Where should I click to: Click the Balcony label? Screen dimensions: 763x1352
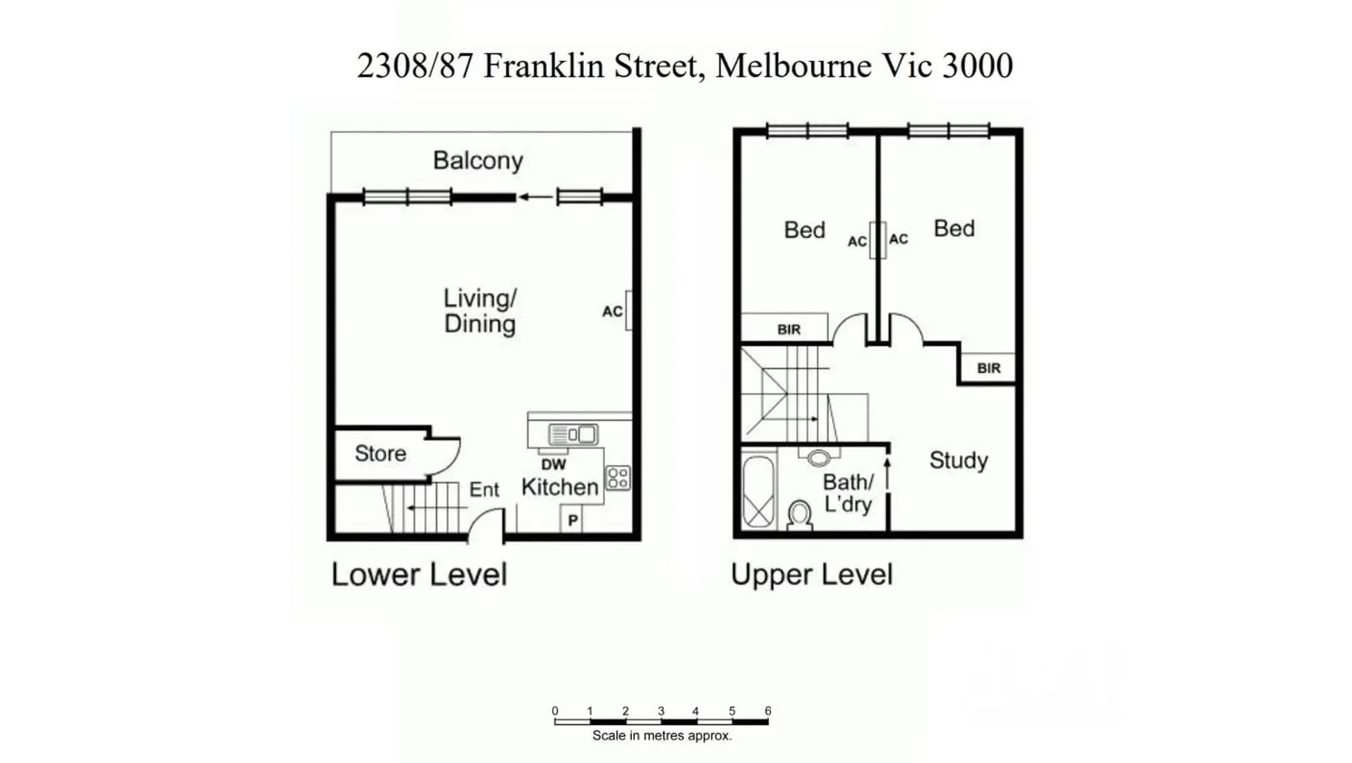coord(478,161)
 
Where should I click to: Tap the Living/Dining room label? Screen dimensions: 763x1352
coord(479,311)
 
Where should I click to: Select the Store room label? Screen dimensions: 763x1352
coord(380,454)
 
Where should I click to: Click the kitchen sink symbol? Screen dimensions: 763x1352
coord(574,434)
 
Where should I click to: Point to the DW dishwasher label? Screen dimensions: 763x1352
coord(554,465)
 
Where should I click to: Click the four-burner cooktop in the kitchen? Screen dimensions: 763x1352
coord(618,478)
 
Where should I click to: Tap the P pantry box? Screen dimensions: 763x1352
coord(573,521)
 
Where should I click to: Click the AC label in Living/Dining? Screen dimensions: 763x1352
coord(612,312)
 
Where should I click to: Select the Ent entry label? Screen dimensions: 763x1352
coord(484,490)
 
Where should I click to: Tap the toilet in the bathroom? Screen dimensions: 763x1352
coord(800,514)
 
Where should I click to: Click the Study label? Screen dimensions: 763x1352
coord(958,461)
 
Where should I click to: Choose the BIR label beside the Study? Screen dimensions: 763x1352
coord(988,368)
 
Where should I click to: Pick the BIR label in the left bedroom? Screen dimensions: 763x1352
coord(789,329)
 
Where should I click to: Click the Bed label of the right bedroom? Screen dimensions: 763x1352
coord(954,229)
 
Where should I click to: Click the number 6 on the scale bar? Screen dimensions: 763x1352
coord(767,711)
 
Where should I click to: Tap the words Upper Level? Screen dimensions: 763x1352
coord(811,574)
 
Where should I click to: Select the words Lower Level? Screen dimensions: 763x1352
coord(419,574)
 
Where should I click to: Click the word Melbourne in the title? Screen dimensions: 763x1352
coord(793,66)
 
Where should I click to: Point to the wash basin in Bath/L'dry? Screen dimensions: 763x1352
coord(819,458)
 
